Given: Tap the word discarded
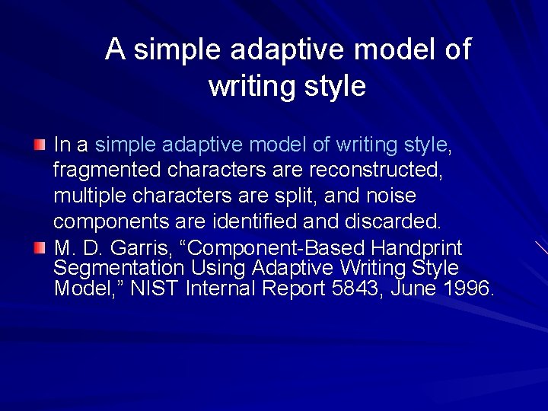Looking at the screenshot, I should point(393,221).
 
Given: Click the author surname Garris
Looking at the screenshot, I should point(135,249).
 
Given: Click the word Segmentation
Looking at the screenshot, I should point(119,269).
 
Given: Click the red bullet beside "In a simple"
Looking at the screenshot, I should point(40,144).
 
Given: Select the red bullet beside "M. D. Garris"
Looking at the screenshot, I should point(40,248).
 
